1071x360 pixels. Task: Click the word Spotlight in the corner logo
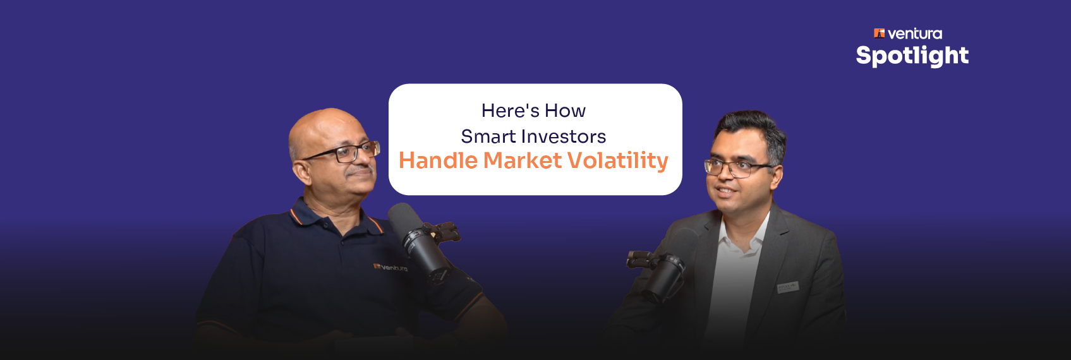pos(912,56)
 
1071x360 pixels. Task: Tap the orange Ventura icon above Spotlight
pos(880,33)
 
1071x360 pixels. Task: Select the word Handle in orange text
pos(438,160)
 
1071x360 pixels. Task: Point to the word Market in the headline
pos(523,160)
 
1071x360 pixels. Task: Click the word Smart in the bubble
pos(488,136)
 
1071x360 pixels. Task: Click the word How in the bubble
pos(565,111)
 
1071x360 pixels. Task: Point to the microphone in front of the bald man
pos(418,241)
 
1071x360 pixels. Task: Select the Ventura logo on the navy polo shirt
pos(390,267)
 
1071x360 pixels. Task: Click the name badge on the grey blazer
pos(787,287)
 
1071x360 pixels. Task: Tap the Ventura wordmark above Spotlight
pos(915,34)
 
